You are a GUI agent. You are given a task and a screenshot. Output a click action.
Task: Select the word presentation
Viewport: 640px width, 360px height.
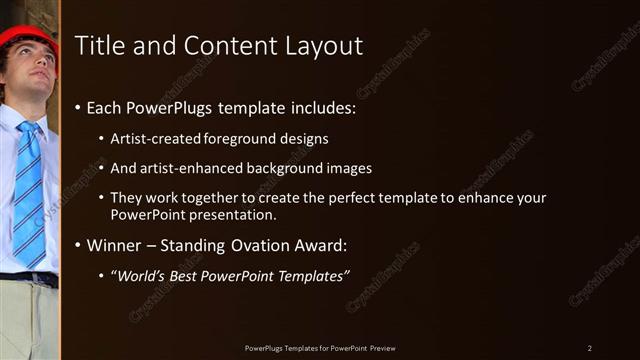pos(233,214)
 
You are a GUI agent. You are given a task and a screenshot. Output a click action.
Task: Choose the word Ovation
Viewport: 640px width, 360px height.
pos(272,245)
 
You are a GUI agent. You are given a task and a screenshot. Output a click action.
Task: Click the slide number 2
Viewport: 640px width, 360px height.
pos(590,347)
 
